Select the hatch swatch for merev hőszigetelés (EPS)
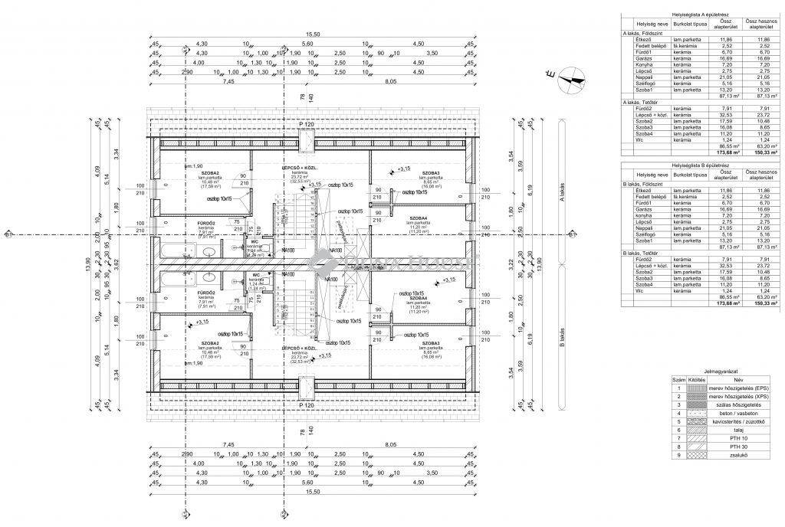[x=696, y=388]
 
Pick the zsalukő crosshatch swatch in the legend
[x=696, y=455]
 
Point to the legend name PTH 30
[x=738, y=447]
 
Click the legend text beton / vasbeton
[x=738, y=413]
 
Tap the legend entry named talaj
[x=738, y=430]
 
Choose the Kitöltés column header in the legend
[x=696, y=379]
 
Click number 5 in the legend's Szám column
[x=678, y=421]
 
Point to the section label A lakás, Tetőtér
[x=642, y=102]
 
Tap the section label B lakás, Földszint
[x=645, y=183]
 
